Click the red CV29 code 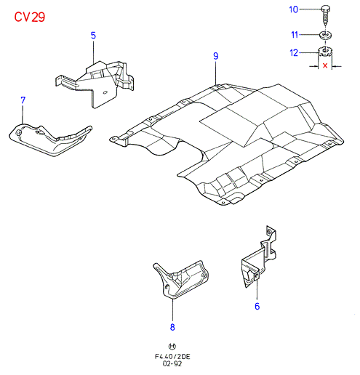(30, 17)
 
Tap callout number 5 (93, 36)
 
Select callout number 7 (23, 100)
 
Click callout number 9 (216, 56)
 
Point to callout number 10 (294, 9)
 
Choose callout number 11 (295, 35)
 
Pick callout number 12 (294, 53)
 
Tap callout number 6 (257, 306)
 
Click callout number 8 (172, 327)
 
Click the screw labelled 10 (325, 15)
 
